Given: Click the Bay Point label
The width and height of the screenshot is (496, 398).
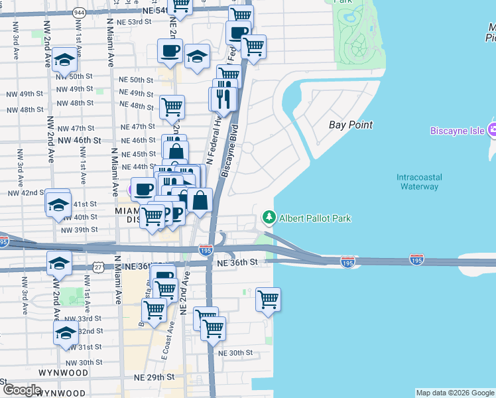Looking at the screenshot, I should pos(351,125).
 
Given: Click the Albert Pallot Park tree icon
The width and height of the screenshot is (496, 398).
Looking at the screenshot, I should pos(269,218).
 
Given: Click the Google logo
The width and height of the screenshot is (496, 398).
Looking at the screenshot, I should pos(21,390).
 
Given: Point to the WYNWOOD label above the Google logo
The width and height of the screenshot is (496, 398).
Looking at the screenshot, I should pos(62,373).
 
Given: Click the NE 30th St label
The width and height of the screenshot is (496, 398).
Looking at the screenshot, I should pos(235,353).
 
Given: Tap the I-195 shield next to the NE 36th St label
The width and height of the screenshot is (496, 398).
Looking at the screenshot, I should pos(206,249).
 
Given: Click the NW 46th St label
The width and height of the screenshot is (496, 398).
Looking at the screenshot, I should pos(79,141).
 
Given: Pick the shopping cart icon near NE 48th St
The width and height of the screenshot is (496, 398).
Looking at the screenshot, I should pos(172,105).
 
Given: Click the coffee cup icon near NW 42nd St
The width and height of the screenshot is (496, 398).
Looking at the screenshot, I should pos(143,188).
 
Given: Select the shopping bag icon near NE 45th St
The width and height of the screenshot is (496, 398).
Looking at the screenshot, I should pos(176,151).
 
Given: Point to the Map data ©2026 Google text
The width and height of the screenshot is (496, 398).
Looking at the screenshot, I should pos(455,393).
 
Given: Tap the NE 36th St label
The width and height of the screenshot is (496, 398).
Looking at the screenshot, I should pos(237,263).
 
